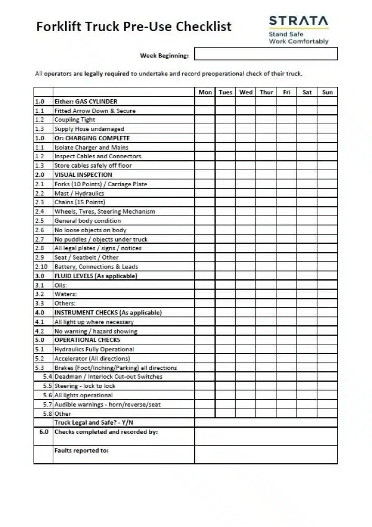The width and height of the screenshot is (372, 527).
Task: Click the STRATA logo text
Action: pos(298,21)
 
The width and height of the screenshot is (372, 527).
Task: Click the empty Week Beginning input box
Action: pos(266,54)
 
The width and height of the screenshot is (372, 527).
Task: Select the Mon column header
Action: pos(205,92)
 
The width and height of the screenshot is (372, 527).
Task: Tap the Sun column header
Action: pos(327,92)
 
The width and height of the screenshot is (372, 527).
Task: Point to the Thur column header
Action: pos(266,92)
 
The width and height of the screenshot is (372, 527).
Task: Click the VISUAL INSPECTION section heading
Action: pos(83,175)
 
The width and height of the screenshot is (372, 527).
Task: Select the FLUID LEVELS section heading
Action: pos(96,276)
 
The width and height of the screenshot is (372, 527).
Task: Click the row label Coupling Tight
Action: pos(75,120)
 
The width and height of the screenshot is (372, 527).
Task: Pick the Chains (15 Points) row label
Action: pos(80,202)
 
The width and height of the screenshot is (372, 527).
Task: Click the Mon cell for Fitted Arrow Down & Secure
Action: pos(205,111)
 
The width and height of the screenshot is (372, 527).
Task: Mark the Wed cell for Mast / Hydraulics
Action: pos(245,193)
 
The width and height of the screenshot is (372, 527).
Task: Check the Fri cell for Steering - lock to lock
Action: pos(286,386)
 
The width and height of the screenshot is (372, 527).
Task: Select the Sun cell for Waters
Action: pos(327,294)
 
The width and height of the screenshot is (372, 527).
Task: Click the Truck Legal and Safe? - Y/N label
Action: pos(94,423)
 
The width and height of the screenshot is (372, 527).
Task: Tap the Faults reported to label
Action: pos(82,450)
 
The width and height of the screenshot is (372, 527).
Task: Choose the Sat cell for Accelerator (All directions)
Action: pos(307,358)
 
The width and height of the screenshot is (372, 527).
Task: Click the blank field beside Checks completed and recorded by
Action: pos(266,436)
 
